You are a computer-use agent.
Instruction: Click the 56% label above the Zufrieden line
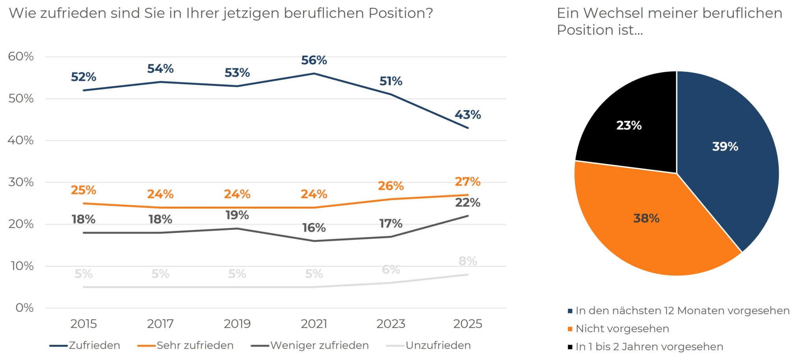click(314, 60)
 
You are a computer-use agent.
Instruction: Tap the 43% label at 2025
click(468, 115)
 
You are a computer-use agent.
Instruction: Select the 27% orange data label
click(468, 182)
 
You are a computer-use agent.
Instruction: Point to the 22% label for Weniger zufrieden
click(468, 202)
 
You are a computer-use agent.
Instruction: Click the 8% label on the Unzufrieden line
click(468, 261)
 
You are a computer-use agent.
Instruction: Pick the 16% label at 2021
click(314, 228)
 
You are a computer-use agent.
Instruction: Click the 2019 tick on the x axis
click(237, 324)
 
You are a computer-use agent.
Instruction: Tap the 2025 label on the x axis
click(468, 324)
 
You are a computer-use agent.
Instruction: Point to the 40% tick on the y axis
click(20, 140)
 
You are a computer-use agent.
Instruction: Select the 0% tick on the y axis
click(24, 308)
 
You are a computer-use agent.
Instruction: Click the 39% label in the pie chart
click(725, 147)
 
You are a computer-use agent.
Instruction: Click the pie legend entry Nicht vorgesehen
click(622, 328)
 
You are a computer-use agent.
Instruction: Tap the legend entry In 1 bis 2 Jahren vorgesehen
click(649, 347)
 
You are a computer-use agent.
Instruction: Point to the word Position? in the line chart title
click(401, 13)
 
